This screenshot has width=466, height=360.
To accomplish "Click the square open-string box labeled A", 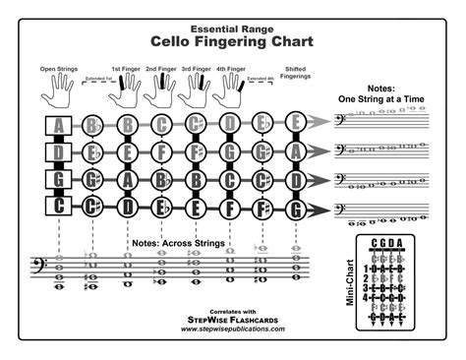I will (59, 125).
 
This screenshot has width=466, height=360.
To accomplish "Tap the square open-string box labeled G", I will (59, 181).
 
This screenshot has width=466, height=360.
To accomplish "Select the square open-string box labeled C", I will (59, 208).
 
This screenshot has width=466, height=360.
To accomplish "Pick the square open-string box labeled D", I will (59, 153).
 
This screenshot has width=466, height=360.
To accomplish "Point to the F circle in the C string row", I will (230, 208).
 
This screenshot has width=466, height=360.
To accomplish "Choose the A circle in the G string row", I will (128, 181).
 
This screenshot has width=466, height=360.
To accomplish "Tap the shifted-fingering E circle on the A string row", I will (295, 125).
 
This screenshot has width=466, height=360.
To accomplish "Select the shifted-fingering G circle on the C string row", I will (295, 208).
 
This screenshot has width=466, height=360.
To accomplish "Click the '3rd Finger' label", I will (196, 69).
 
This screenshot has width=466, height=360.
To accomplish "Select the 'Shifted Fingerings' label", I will (295, 73).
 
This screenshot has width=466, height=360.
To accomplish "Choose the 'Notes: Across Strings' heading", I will (173, 242).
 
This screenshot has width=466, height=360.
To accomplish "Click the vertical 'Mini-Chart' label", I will (350, 282).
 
